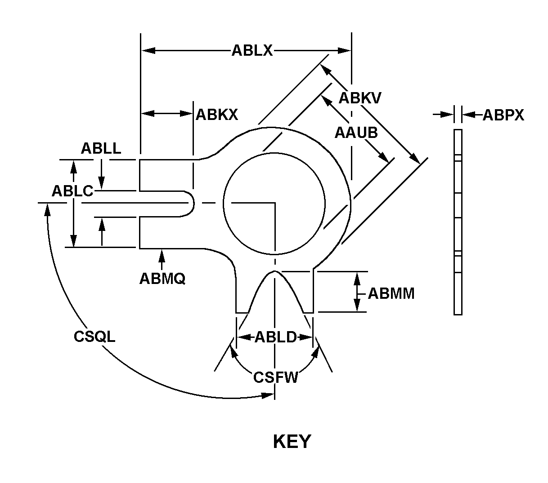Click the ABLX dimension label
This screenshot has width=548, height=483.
[x=252, y=50]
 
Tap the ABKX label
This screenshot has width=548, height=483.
[x=216, y=115]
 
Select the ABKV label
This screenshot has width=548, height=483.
[x=360, y=97]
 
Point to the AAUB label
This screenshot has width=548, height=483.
[x=356, y=133]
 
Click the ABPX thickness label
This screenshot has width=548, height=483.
[x=503, y=115]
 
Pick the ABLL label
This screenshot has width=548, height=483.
[x=101, y=148]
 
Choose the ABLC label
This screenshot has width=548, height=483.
[x=72, y=191]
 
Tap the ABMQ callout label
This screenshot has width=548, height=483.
[x=162, y=279]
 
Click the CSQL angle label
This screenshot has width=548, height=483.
[x=94, y=336]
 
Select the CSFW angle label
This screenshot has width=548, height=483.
[x=275, y=377]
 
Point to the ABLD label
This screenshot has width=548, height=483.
[x=275, y=337]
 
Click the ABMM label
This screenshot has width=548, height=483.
[x=391, y=293]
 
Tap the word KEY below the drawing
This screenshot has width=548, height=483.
[x=292, y=442]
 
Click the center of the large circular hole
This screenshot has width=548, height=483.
[x=274, y=204]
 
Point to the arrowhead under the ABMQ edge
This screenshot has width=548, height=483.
[x=162, y=254]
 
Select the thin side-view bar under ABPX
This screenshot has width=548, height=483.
[x=458, y=222]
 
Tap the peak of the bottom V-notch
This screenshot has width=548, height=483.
[x=274, y=272]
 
